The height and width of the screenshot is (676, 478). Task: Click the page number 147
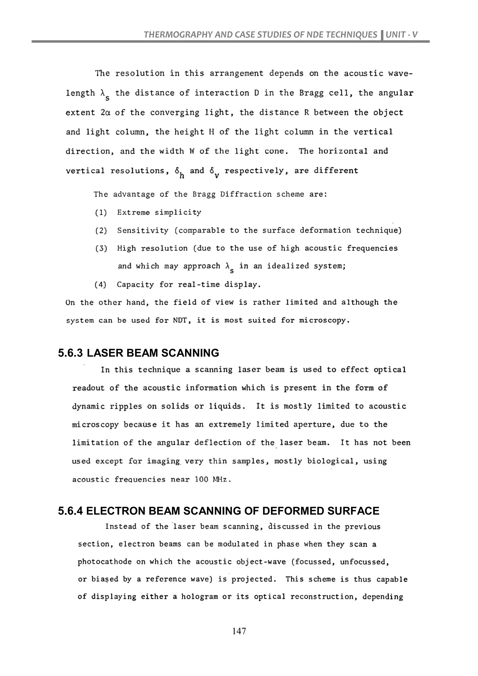[239, 631]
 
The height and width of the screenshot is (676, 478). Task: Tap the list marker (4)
[100, 285]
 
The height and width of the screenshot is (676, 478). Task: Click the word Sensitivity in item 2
[143, 231]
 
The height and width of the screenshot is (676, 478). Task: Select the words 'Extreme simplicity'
[159, 213]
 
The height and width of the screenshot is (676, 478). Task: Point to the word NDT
[180, 320]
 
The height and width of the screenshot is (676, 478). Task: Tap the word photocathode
[105, 562]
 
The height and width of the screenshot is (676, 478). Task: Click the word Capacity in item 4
[135, 285]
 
